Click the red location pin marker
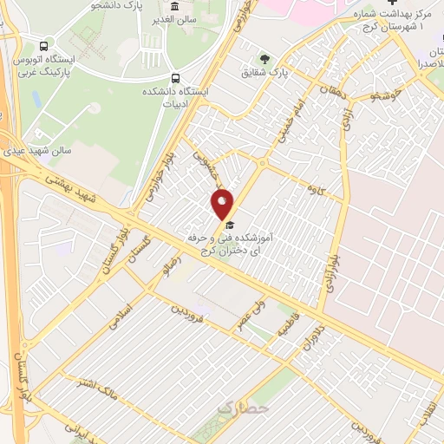(223, 204)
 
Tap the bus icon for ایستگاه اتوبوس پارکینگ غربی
(44, 45)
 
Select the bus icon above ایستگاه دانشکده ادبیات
(176, 76)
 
